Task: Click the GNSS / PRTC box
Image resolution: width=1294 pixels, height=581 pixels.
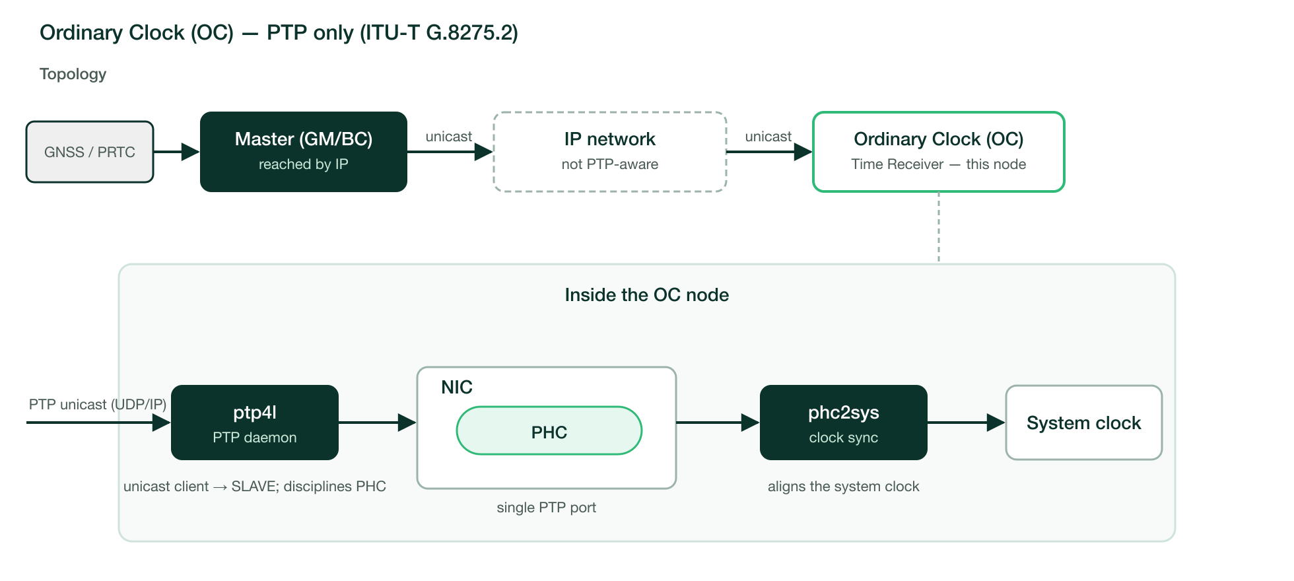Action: (90, 152)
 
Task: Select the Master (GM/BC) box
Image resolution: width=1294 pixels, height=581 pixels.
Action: (304, 152)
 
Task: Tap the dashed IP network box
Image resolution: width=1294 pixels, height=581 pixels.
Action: (610, 152)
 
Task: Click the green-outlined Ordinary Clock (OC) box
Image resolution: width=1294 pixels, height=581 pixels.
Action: (939, 152)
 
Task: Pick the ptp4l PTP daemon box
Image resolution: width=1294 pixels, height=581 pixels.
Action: (255, 423)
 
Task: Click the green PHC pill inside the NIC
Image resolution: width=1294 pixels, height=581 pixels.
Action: (549, 430)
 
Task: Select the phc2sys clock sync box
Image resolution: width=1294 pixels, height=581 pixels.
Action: (844, 423)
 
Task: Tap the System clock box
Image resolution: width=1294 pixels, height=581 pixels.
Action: (1084, 423)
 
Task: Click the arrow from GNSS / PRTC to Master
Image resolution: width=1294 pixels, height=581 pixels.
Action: (177, 152)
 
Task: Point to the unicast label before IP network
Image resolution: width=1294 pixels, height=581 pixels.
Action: (449, 137)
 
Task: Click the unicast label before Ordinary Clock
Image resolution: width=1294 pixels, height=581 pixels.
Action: (768, 137)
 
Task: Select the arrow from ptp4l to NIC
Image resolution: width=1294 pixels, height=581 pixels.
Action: (378, 423)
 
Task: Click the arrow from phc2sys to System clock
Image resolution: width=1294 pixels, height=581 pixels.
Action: (967, 423)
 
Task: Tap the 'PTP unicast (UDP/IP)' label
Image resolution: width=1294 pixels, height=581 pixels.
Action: (98, 404)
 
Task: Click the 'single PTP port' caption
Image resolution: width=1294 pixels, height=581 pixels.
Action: (547, 507)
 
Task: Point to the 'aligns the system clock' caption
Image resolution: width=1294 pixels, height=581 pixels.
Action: (844, 487)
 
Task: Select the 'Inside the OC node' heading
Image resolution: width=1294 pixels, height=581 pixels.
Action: (647, 294)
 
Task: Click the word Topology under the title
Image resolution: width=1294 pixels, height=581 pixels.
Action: (73, 74)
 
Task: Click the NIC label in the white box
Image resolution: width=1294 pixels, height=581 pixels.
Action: (457, 387)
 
